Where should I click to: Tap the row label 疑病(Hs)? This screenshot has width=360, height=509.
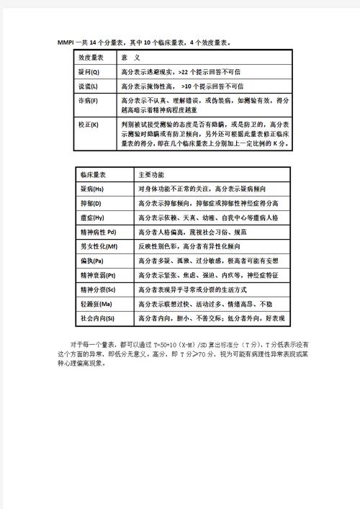pos(93,189)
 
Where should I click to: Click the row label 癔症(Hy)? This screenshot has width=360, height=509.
pos(93,218)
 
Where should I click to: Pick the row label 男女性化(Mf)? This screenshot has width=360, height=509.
pos(99,246)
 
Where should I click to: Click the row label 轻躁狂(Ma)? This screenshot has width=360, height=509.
pos(96,304)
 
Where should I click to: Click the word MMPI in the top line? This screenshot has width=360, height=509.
pos(66,42)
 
